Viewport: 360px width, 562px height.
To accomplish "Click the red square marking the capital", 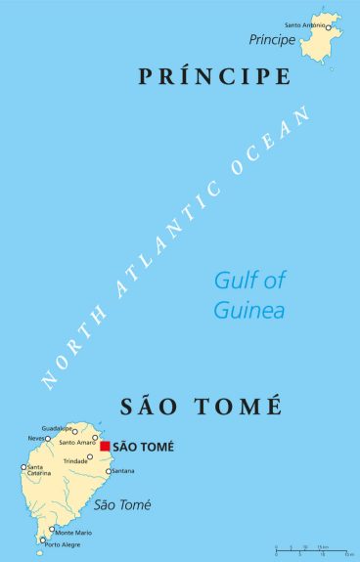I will [105, 446].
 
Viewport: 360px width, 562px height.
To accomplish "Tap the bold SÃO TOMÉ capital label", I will [143, 447].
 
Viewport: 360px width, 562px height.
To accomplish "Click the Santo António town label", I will [303, 23].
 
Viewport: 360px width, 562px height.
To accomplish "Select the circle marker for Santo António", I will [329, 27].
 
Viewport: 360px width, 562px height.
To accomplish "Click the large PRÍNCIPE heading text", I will [215, 76].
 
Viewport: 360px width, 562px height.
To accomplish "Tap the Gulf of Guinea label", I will [249, 295].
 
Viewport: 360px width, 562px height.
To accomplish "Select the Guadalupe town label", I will [58, 428].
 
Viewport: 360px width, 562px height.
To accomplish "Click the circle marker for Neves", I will [47, 438].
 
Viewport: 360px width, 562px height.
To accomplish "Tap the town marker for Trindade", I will [90, 456].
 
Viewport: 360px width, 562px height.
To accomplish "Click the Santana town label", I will [122, 471].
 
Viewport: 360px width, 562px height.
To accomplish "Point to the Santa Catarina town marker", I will [23, 467].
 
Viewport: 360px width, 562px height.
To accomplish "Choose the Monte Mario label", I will [72, 532].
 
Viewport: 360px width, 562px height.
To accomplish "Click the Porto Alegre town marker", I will [42, 540].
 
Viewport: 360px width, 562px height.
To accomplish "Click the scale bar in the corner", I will [313, 549].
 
